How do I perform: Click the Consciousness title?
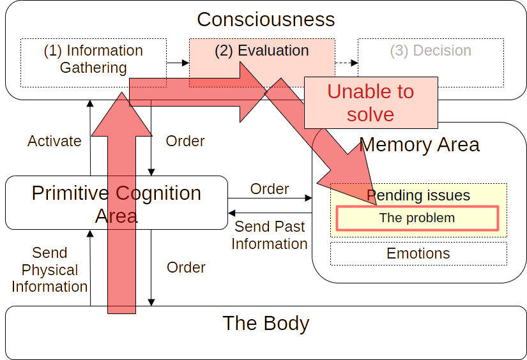pyautogui.click(x=266, y=20)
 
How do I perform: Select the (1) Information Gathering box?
pyautogui.click(x=93, y=63)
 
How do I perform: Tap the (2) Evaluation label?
pyautogui.click(x=262, y=50)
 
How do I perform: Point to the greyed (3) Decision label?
pyautogui.click(x=431, y=50)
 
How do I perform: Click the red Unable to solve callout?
pyautogui.click(x=370, y=102)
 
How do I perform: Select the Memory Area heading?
pyautogui.click(x=420, y=145)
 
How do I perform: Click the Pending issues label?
pyautogui.click(x=418, y=195)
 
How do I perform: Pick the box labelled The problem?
pyautogui.click(x=417, y=218)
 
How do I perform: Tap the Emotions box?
pyautogui.click(x=418, y=253)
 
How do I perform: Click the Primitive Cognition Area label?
pyautogui.click(x=116, y=204)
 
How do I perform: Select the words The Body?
pyautogui.click(x=266, y=323)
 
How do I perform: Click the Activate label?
pyautogui.click(x=54, y=141)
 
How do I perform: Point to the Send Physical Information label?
pyautogui.click(x=50, y=269)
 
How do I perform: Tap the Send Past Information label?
pyautogui.click(x=270, y=235)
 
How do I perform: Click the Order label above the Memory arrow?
pyautogui.click(x=270, y=189)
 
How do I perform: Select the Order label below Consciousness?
pyautogui.click(x=185, y=141)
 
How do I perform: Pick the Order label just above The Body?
pyautogui.click(x=186, y=267)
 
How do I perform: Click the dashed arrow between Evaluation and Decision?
pyautogui.click(x=346, y=63)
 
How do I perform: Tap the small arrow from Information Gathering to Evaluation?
pyautogui.click(x=178, y=63)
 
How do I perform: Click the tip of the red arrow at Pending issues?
pyautogui.click(x=377, y=204)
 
